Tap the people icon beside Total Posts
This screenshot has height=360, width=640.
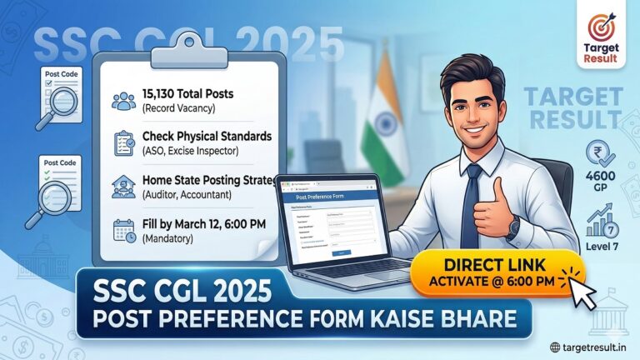124,101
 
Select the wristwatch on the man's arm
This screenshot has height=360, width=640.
513,227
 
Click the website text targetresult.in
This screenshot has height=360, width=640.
594,347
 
